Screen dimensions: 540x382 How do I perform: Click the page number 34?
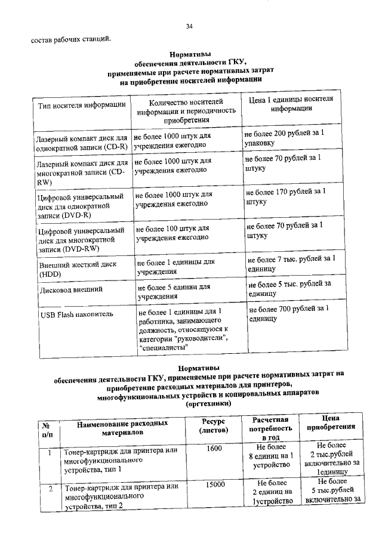189,26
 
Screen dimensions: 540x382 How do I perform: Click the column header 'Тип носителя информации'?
82,106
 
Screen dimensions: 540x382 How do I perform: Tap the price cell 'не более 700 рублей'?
288,313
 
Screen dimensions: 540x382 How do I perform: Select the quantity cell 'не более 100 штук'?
172,232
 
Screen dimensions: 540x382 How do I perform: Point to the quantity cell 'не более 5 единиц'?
173,291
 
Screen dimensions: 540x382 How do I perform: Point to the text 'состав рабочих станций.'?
70,40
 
